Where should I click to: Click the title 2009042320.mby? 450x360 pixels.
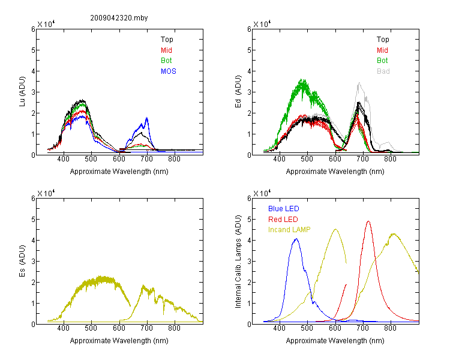tap(119, 18)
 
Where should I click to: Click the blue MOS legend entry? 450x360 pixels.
tap(169, 71)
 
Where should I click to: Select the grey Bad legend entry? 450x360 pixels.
tap(383, 71)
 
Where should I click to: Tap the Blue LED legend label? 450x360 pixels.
tap(284, 209)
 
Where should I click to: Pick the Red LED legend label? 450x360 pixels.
tap(283, 220)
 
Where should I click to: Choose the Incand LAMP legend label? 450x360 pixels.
tap(289, 230)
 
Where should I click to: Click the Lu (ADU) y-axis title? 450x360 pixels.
tap(22, 92)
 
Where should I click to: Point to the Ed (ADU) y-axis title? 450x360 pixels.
tap(238, 92)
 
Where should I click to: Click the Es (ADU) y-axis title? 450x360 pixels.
tap(22, 261)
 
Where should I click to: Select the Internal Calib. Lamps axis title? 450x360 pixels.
tap(238, 262)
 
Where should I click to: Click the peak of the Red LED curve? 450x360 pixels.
tap(368, 221)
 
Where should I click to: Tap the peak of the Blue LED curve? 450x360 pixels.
tap(296, 239)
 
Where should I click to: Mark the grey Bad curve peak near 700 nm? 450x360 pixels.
tap(359, 83)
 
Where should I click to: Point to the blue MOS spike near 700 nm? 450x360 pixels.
tap(147, 118)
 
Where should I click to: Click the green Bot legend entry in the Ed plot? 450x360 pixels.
tap(382, 61)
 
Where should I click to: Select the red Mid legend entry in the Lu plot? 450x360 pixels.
tap(166, 50)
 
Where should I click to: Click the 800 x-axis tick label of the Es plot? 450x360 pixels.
tap(174, 328)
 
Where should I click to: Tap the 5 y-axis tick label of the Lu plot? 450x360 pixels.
tap(33, 50)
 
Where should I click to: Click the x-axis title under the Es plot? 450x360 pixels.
tap(119, 341)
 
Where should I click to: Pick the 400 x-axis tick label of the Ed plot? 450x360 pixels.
tap(279, 159)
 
